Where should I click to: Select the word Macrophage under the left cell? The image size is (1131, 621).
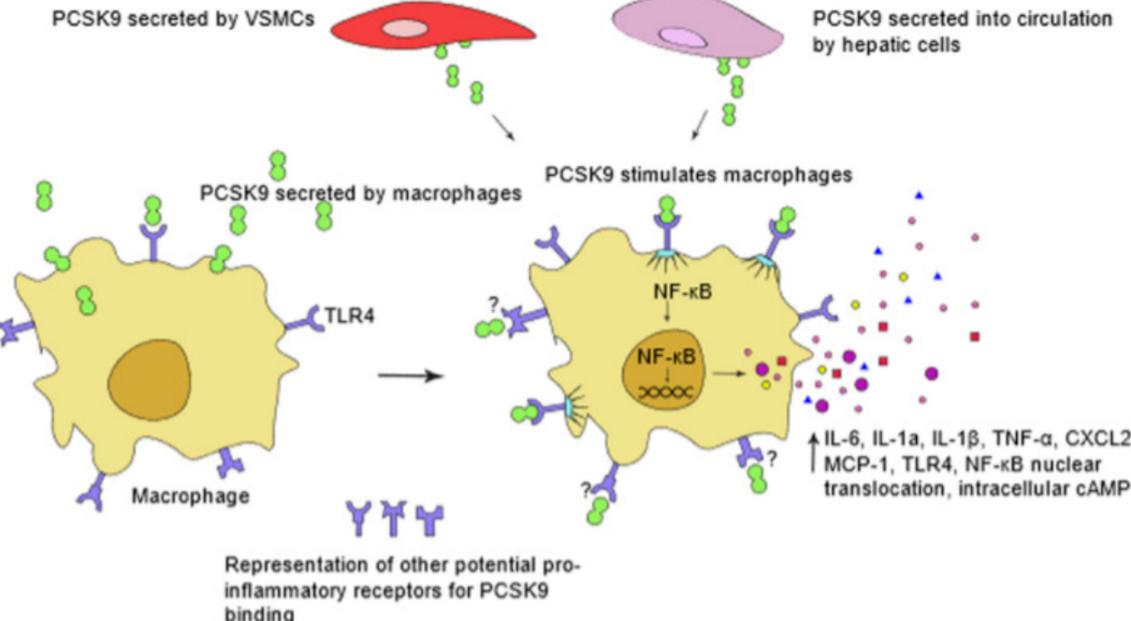(x=190, y=496)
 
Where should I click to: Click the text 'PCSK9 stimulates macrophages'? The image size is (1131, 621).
(x=698, y=174)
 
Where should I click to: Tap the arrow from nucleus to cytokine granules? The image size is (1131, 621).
(x=729, y=373)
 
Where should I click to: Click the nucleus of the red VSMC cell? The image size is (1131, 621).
(x=405, y=28)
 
